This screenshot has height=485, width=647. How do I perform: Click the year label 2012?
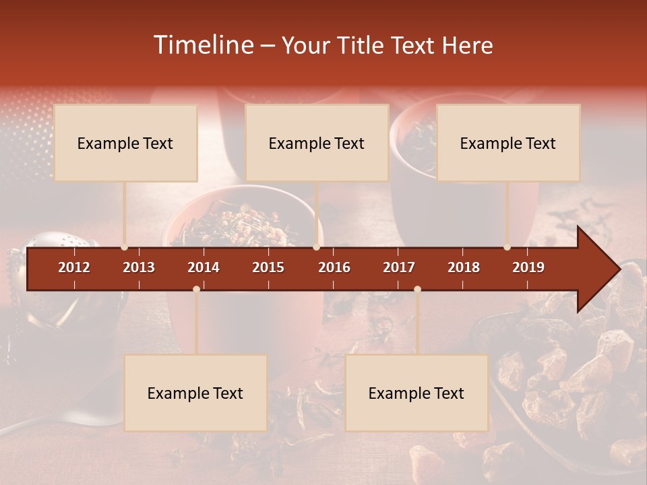[x=74, y=267]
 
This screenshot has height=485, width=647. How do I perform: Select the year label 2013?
[x=139, y=267]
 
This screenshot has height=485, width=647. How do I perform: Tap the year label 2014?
[x=204, y=267]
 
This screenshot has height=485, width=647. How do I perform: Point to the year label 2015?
[x=268, y=267]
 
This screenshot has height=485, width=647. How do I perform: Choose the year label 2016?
[x=334, y=267]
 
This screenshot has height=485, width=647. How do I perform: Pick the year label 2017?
[x=399, y=267]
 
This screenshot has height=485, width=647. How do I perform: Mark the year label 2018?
[x=464, y=267]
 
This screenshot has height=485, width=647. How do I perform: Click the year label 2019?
[x=528, y=267]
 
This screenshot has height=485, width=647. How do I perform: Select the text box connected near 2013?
[x=125, y=143]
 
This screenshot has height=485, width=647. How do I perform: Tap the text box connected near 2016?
[x=317, y=143]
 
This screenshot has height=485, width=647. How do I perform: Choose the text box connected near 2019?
[x=508, y=143]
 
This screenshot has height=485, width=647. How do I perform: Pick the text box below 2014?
[x=195, y=393]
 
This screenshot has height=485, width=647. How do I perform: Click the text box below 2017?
[x=417, y=393]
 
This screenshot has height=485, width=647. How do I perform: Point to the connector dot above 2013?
[x=124, y=247]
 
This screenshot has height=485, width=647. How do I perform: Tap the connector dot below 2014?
[x=196, y=289]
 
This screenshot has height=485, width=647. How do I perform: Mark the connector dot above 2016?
[x=316, y=247]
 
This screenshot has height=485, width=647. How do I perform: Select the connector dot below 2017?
[x=417, y=289]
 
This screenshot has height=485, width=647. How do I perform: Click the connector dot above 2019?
[x=507, y=247]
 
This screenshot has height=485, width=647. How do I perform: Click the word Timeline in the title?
[x=202, y=45]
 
